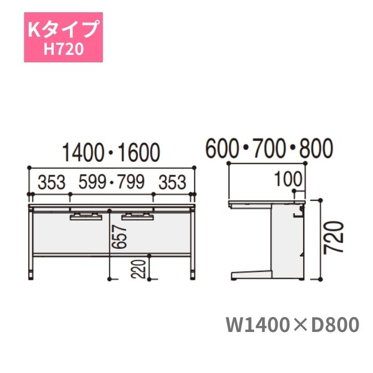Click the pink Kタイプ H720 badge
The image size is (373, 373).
[63, 37]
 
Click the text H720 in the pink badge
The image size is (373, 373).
[64, 49]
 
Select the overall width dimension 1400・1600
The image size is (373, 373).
[111, 152]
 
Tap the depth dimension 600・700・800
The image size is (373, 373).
[269, 148]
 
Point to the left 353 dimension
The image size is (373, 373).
[52, 182]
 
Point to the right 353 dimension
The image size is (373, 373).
[172, 182]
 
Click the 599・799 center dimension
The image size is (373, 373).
[111, 182]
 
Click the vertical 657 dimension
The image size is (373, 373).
[119, 237]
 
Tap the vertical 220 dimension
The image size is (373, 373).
[139, 269]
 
